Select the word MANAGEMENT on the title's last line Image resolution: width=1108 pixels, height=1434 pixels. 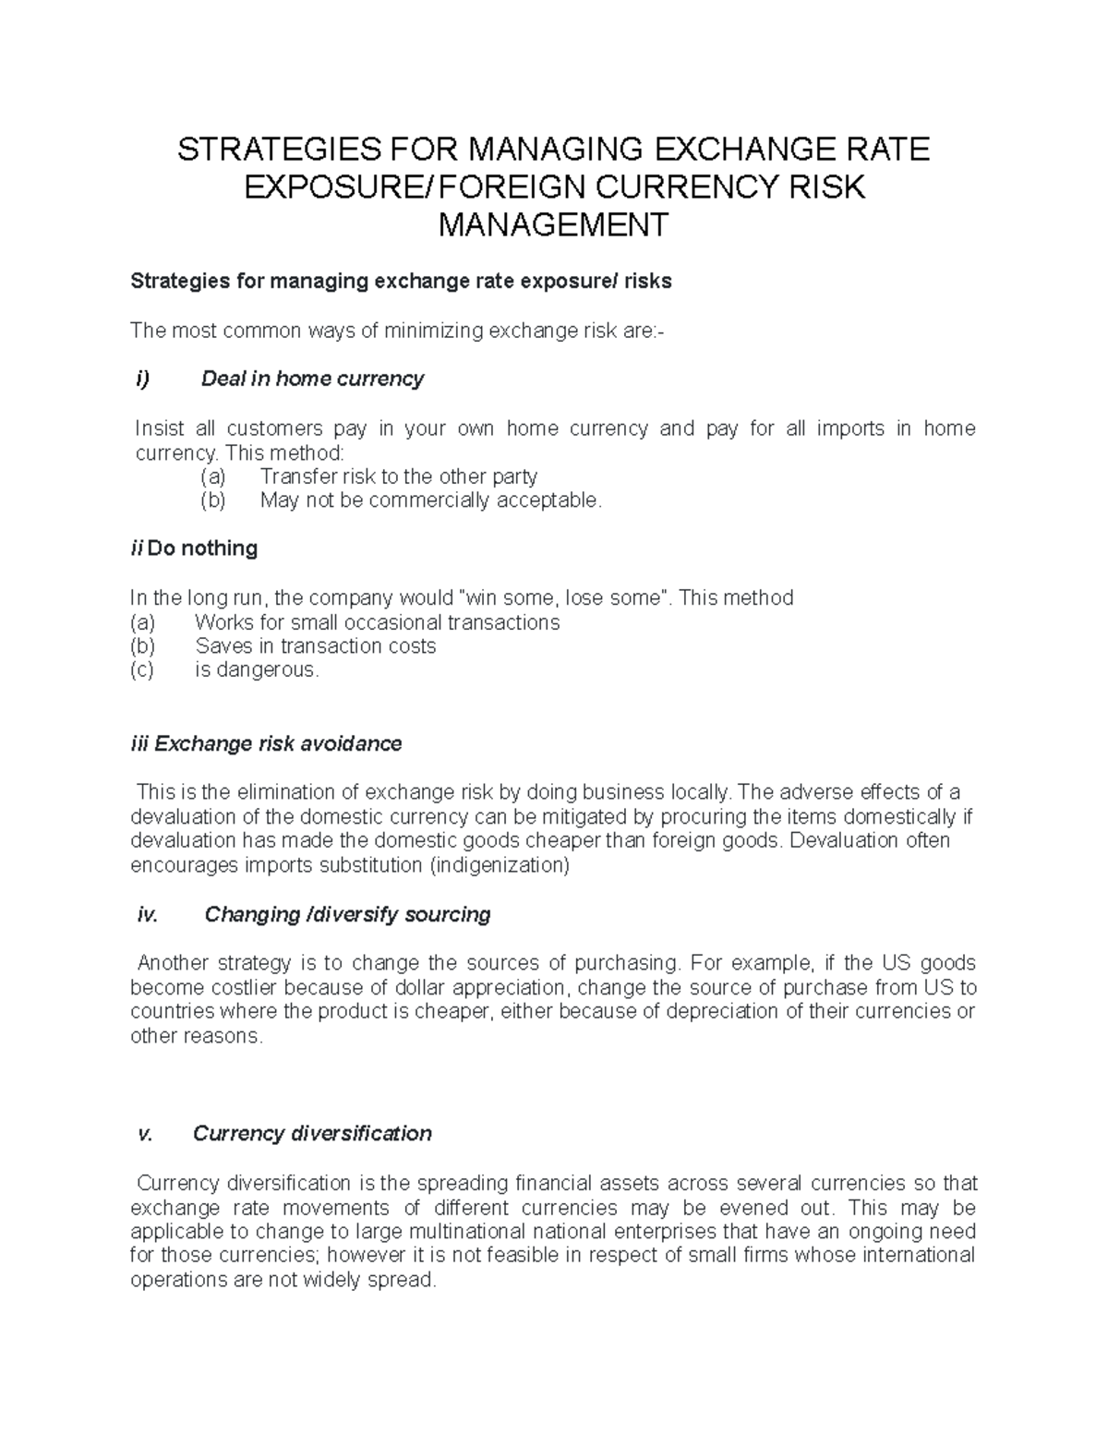click(552, 224)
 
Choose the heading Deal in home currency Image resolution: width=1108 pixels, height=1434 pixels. click(312, 379)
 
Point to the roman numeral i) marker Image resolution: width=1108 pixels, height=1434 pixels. click(142, 379)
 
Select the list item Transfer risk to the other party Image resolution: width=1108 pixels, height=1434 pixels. click(398, 476)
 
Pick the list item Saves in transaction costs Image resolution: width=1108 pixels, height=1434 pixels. click(315, 646)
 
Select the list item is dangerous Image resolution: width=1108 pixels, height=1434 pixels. click(257, 670)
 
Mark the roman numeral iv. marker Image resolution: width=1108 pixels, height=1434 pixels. click(147, 914)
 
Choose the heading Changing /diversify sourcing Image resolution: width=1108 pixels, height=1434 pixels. click(347, 914)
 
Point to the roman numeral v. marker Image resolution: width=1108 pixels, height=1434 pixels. click(144, 1133)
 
